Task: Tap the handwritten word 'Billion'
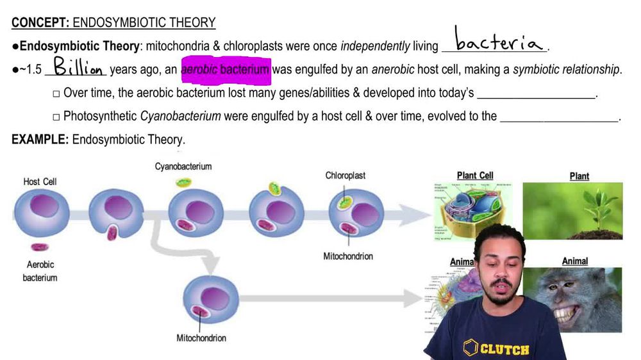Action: tap(77, 67)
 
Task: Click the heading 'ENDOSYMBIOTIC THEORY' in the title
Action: tap(144, 23)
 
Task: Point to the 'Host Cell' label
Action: tap(40, 181)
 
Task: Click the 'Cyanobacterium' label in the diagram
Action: tap(183, 167)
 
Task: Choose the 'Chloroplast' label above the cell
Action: tap(345, 175)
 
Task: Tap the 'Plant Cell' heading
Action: tap(475, 176)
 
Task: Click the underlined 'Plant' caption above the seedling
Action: tap(579, 176)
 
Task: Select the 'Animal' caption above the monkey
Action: tap(574, 261)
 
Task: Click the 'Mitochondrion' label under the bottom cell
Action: tap(201, 338)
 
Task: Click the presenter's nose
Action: tap(498, 267)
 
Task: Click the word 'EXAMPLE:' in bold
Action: tap(40, 139)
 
